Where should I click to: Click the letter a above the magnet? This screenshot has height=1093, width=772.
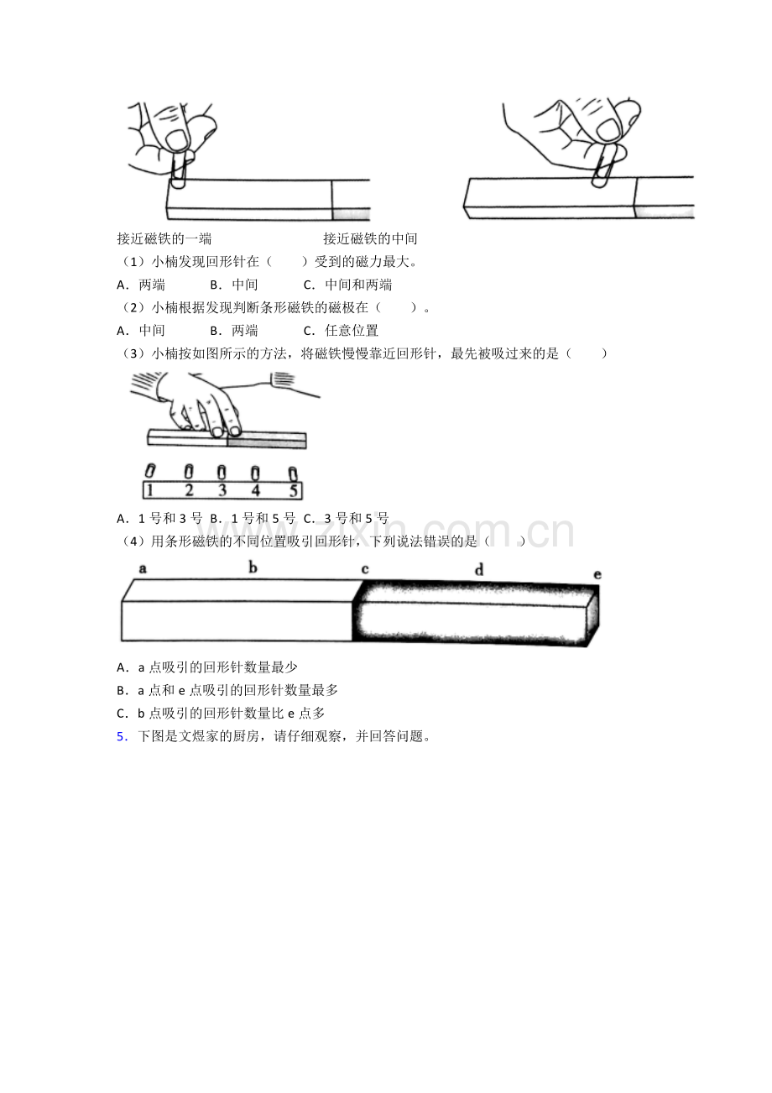click(x=143, y=568)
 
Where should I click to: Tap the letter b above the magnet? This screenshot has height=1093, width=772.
click(x=253, y=567)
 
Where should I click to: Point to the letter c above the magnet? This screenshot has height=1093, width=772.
click(x=365, y=569)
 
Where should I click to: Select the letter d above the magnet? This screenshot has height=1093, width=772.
click(x=479, y=569)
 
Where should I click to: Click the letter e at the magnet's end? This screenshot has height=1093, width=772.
click(x=597, y=575)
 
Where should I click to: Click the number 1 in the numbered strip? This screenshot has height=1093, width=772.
click(x=149, y=490)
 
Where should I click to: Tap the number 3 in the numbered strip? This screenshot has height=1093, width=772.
click(x=222, y=490)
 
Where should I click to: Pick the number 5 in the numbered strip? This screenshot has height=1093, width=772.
click(x=293, y=490)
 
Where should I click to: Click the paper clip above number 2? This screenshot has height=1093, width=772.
click(x=189, y=471)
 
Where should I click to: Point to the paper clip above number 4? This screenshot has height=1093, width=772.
click(x=255, y=473)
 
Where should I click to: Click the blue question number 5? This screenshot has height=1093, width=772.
click(x=122, y=736)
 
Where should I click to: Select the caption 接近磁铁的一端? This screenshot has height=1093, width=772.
click(x=164, y=238)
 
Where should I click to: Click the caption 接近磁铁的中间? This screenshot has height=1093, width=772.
click(x=370, y=238)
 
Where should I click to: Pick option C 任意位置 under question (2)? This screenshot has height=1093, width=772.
click(x=341, y=331)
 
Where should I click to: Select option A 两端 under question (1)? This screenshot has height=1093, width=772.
click(x=141, y=285)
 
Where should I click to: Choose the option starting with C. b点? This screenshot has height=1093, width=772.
click(x=221, y=714)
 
